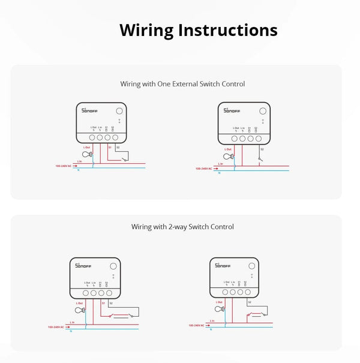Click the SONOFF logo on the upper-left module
point(90,111)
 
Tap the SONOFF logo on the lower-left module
point(85,266)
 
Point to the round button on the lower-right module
point(250,265)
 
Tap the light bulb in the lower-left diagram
point(81,310)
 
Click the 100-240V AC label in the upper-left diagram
point(63,166)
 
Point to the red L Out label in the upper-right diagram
point(228,149)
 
